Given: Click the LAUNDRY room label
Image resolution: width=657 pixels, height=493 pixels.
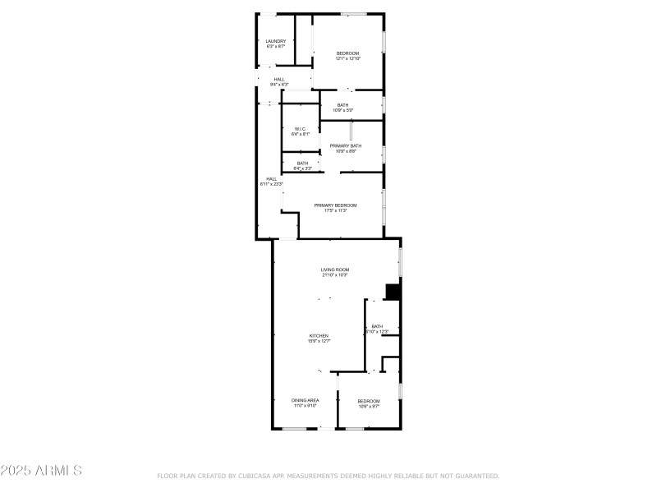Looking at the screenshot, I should pos(275,41).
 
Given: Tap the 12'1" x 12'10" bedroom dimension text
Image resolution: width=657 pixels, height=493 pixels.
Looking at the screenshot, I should pos(347,59).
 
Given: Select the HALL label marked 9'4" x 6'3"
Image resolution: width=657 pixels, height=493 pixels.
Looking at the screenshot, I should pos(279,80).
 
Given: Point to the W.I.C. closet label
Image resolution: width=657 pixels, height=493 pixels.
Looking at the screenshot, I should pos(301,129).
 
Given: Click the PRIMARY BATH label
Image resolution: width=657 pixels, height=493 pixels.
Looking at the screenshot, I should pos(346,145).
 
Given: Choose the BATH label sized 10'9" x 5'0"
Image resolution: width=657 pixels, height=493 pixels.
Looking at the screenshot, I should pos(342,105).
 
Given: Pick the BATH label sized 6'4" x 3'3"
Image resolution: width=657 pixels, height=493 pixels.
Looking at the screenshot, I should pos(303,163).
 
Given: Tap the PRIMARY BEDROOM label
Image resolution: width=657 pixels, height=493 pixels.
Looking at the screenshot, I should pos(335,205).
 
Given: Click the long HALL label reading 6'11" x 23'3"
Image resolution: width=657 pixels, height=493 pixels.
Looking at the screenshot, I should pos(271,179).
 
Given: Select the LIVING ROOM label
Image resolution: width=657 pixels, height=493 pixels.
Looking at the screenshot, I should pos(335,270).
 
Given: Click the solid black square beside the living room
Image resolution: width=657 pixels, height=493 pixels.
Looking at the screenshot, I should pos(393,292).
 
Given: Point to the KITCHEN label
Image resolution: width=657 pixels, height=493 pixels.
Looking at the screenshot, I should pos(319,335).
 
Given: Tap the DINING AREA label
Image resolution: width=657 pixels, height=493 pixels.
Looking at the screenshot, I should pos(305,400).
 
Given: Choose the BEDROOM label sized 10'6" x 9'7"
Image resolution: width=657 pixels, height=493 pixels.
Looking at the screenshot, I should pos(369,401).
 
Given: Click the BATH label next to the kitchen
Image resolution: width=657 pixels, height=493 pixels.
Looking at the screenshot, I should pos(377,326).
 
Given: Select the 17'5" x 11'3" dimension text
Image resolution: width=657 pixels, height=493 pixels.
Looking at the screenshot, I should pos(335,210).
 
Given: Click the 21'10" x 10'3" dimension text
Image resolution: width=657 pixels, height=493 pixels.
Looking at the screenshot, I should pos(335,275).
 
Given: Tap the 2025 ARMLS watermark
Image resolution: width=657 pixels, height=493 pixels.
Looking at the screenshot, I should pos(41,471).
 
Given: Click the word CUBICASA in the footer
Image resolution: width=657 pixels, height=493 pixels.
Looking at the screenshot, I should pos(255,476).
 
